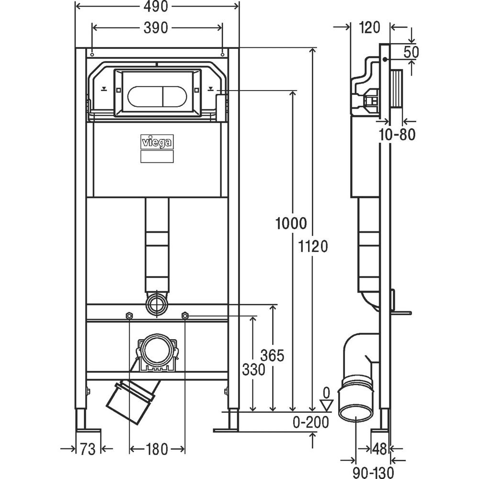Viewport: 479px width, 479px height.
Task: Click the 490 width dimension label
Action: coord(156,7)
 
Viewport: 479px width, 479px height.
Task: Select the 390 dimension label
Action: coord(156,28)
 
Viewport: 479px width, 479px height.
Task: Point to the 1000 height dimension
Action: coord(291,223)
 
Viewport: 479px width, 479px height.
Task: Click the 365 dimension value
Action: coord(272,355)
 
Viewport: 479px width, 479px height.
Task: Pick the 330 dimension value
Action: coord(253,370)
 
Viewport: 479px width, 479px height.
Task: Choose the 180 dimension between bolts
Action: coord(157,449)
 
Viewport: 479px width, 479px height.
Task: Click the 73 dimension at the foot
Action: coord(88,449)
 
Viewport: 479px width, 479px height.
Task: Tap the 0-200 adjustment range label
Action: coord(311,422)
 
